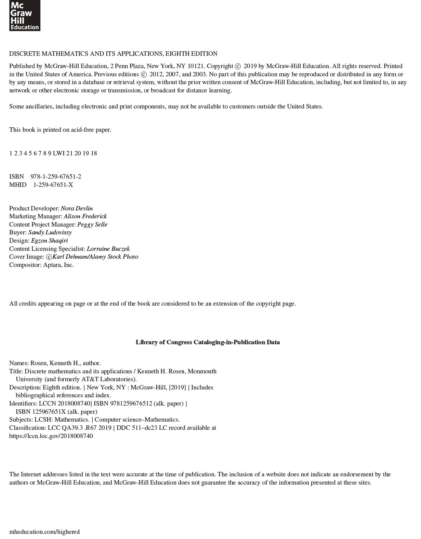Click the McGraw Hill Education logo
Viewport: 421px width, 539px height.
tap(25, 15)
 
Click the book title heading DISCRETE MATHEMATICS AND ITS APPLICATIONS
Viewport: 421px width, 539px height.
tap(113, 54)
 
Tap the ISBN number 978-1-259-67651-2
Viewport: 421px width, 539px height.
tap(56, 177)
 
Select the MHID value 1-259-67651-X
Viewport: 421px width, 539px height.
tap(53, 185)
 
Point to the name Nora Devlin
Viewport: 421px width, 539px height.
tap(77, 208)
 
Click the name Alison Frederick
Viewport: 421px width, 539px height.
tap(85, 216)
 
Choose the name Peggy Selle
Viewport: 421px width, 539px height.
tap(92, 224)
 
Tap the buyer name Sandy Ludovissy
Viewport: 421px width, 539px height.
tap(50, 232)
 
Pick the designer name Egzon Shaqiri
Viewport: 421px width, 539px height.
tap(50, 241)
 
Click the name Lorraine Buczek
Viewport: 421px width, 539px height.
tap(108, 249)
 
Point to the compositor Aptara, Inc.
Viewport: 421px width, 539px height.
tap(58, 265)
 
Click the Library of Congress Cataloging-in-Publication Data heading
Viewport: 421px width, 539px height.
tap(208, 342)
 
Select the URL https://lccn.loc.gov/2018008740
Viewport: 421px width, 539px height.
tap(51, 436)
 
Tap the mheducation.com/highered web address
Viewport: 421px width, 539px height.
tap(44, 532)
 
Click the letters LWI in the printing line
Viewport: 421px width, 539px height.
tap(59, 153)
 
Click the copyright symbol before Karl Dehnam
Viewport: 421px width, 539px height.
tap(49, 257)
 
